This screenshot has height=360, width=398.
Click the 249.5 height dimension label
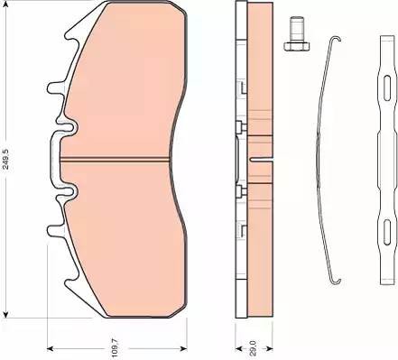[x=5, y=158]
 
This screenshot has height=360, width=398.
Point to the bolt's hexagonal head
[x=297, y=46]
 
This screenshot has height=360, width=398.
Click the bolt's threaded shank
[x=297, y=30]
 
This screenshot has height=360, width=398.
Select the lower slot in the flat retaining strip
[x=387, y=232]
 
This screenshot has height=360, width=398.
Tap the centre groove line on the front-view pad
[x=115, y=160]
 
